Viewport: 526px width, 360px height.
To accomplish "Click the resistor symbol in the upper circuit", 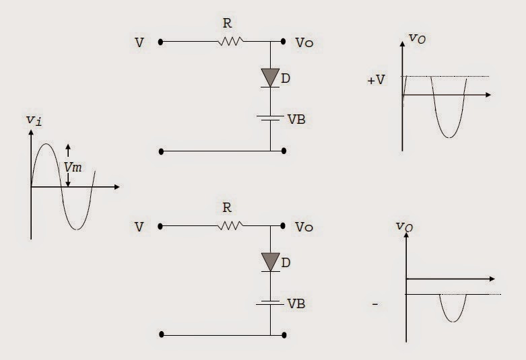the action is [231, 41].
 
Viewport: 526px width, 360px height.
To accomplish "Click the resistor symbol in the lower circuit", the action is [230, 225].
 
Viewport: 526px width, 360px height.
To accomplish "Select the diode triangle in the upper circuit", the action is [270, 78].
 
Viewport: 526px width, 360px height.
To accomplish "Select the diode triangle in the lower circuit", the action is [270, 262].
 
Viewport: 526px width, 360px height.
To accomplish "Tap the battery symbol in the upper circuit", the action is [270, 118].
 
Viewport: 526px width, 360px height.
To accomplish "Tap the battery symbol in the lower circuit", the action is [270, 303].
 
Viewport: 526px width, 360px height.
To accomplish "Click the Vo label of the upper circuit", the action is [304, 42].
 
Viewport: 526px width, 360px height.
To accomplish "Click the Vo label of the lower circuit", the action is [304, 227].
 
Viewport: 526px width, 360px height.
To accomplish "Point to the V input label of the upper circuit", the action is [139, 42].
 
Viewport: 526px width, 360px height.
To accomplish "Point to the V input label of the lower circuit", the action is [139, 227].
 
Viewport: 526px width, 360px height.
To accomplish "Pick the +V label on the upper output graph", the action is [376, 80].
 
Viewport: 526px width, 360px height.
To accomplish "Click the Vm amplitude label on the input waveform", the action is [73, 167].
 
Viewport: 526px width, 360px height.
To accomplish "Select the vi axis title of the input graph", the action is [34, 120].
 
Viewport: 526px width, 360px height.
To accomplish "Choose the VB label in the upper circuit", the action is [296, 119].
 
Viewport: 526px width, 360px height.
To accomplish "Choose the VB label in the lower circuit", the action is [296, 303].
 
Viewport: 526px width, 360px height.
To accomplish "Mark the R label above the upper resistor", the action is [227, 23].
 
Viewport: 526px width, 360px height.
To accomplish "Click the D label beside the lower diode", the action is [286, 263].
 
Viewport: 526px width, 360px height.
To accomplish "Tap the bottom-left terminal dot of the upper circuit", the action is [161, 151].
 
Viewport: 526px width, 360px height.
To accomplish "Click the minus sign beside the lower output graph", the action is [375, 304].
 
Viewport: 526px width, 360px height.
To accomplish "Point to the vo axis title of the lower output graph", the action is [405, 227].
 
